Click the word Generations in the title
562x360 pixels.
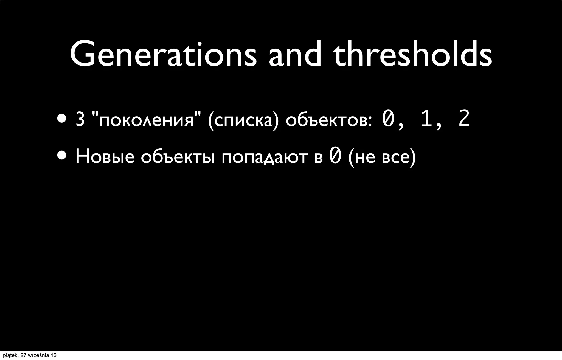(163, 54)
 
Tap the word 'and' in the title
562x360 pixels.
(294, 54)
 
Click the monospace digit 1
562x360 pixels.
(426, 120)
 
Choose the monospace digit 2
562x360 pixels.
(464, 120)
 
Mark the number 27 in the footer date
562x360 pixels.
(24, 356)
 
